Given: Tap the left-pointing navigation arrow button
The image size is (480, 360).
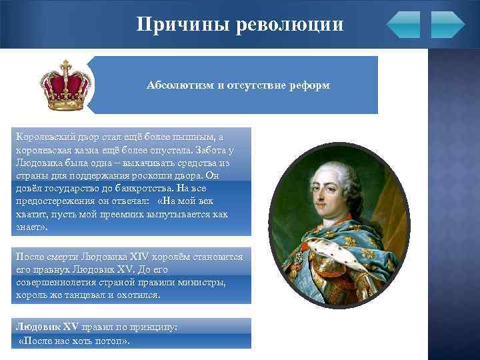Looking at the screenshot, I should tap(403, 25).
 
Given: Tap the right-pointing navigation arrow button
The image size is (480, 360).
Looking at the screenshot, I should tap(447, 25).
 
